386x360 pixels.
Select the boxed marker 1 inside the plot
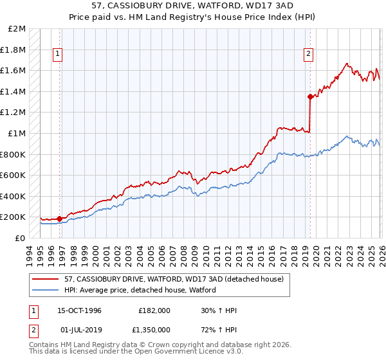(59, 55)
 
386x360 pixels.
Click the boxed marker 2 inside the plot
(309, 55)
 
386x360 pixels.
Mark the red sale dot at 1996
(60, 219)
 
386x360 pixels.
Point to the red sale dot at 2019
(310, 97)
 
